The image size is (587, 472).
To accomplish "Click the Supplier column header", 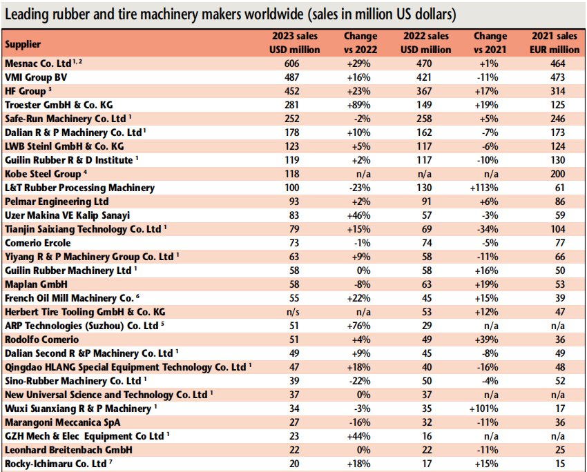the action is pyautogui.click(x=23, y=44).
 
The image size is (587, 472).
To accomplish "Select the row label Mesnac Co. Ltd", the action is pyautogui.click(x=38, y=63).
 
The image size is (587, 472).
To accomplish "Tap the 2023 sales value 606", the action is pyautogui.click(x=291, y=63).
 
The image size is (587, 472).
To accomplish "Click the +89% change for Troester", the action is pyautogui.click(x=358, y=105).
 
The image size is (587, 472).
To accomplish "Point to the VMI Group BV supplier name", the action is pyautogui.click(x=36, y=77).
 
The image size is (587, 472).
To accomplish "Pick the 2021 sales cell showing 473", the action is pyautogui.click(x=557, y=77).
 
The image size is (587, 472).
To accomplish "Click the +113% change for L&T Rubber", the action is pyautogui.click(x=484, y=188).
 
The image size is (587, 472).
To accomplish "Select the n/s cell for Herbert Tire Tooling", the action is pyautogui.click(x=292, y=312).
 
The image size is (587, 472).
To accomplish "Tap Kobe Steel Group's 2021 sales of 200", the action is pyautogui.click(x=557, y=174).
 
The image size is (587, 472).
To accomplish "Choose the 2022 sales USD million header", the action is pyautogui.click(x=425, y=43).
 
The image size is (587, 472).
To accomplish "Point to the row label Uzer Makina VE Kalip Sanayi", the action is pyautogui.click(x=68, y=215).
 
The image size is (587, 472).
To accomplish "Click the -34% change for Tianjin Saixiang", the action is pyautogui.click(x=488, y=229).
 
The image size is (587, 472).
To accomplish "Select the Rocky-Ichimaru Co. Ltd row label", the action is pyautogui.click(x=56, y=464).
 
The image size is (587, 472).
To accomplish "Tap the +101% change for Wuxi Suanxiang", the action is pyautogui.click(x=484, y=409).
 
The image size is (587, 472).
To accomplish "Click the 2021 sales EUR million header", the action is pyautogui.click(x=555, y=43).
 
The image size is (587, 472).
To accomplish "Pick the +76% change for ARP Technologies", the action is pyautogui.click(x=358, y=326).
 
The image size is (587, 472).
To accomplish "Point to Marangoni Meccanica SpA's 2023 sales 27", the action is pyautogui.click(x=294, y=422).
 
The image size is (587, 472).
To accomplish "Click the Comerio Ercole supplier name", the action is pyautogui.click(x=38, y=243).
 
